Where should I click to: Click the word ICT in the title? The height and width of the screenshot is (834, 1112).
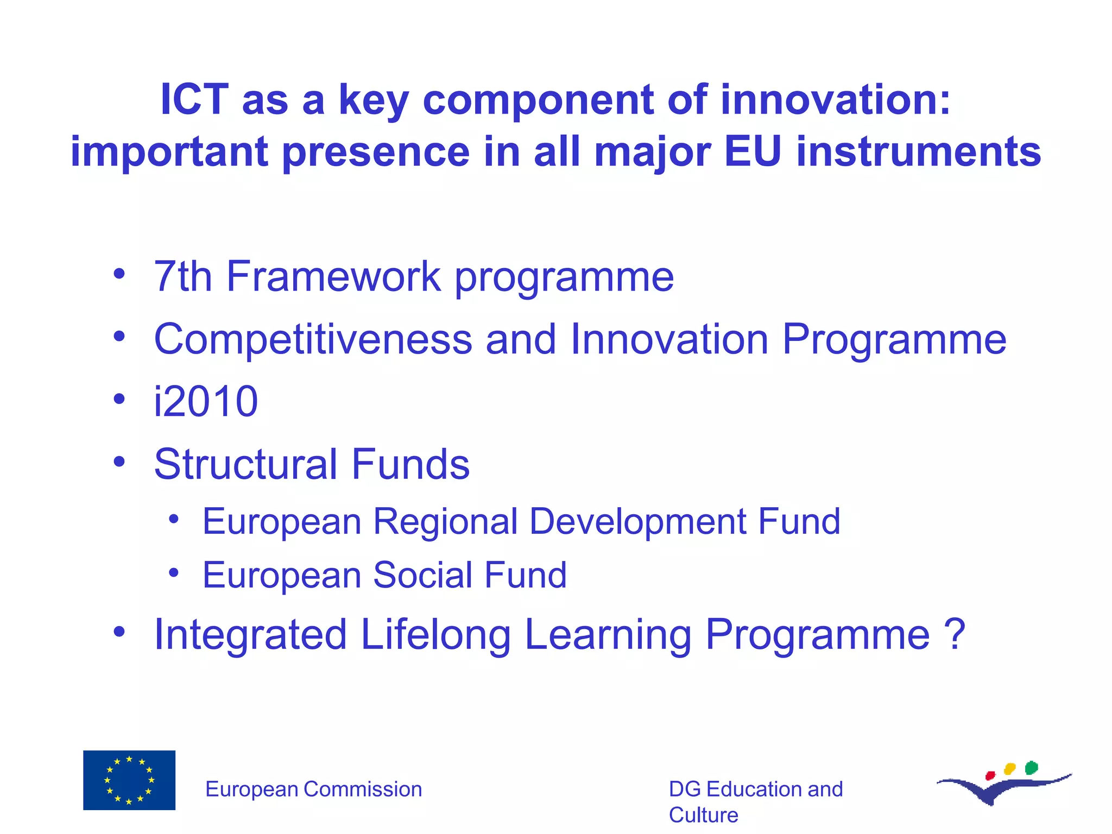coord(194,99)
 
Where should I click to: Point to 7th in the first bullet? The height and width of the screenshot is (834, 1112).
coord(182,276)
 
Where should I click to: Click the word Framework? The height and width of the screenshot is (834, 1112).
coord(333,276)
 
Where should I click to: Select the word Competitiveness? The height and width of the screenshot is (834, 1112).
coord(313,339)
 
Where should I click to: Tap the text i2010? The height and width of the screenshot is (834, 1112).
coord(206,402)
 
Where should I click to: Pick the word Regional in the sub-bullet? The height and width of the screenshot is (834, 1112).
coord(445,521)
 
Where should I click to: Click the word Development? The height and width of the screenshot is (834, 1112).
coord(637,521)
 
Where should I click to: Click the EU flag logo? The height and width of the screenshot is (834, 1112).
coord(129,780)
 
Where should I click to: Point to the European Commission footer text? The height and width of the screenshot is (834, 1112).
coord(313,789)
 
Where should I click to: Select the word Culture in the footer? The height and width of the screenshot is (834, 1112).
coord(703,815)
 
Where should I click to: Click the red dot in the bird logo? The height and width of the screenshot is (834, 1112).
coord(990,775)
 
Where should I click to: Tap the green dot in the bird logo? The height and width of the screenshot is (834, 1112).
coord(1031,767)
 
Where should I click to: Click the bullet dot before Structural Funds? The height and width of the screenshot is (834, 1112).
coord(119,462)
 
